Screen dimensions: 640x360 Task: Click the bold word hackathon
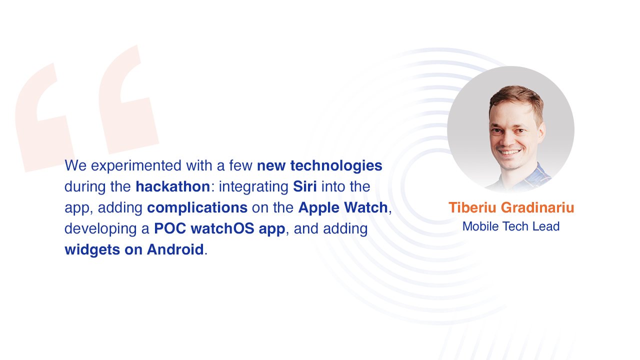pos(173,186)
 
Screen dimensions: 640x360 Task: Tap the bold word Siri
pos(305,186)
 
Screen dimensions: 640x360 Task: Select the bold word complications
pos(197,207)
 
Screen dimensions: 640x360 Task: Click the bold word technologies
pos(336,166)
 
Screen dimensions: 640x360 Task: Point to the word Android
pos(175,249)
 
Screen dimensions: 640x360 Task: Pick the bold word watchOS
pos(222,228)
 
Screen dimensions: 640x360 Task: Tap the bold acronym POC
pos(170,228)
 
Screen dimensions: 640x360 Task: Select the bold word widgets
pos(92,250)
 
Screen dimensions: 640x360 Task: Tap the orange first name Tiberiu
pos(472,207)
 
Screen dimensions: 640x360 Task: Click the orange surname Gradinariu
pos(537,207)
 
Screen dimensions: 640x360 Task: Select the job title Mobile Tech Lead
pos(511,226)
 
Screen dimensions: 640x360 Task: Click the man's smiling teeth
pos(510,152)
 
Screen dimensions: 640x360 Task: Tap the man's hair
pos(515,100)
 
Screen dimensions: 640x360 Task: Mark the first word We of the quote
pos(75,166)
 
